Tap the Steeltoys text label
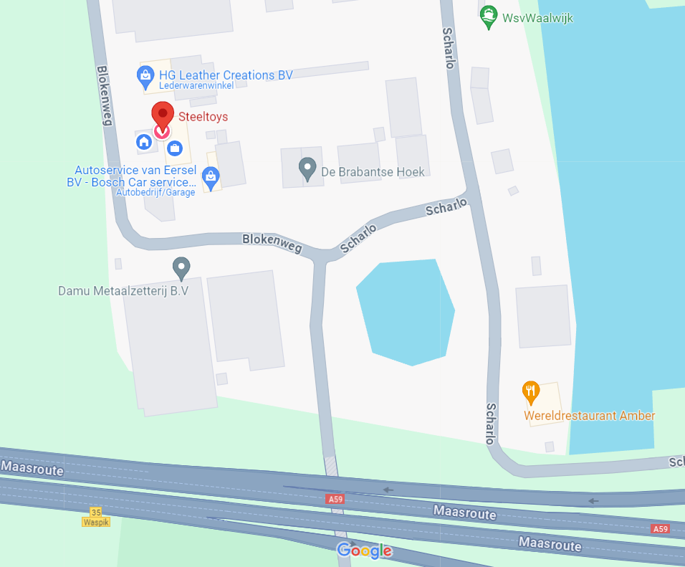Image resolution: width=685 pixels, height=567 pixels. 203,117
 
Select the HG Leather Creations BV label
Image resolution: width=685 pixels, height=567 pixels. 226,75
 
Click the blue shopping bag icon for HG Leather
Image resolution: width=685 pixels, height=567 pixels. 145,75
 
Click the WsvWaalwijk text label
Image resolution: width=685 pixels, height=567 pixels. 538,18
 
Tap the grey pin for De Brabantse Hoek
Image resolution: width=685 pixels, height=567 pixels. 307,170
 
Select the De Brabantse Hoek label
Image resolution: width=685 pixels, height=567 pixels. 373,171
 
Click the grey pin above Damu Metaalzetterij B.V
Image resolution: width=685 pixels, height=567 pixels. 181,268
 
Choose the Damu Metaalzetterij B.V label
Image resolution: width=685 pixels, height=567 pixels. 123,292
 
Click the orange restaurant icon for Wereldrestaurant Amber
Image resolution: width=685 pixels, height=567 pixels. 530,391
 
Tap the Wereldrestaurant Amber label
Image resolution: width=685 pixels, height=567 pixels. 590,416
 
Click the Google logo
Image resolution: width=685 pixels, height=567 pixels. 365,551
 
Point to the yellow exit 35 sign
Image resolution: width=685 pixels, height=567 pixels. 96,512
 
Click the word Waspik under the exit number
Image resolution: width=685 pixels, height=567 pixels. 96,522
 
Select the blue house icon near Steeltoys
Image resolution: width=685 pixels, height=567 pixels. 144,141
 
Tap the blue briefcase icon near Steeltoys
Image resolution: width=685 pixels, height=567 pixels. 174,148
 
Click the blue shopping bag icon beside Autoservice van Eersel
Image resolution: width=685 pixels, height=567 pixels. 211,175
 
